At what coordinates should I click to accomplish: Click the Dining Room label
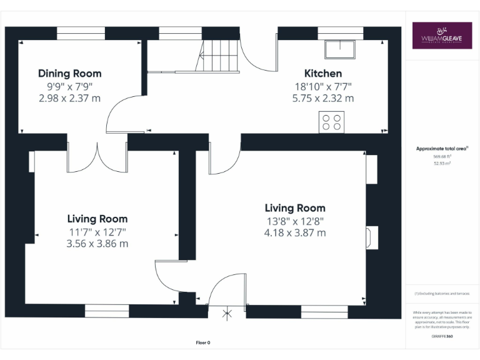(69, 74)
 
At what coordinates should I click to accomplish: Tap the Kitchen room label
(322, 74)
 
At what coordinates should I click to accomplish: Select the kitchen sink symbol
(339, 49)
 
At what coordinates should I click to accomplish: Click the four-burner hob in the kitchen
(331, 121)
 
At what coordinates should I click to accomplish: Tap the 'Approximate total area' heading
(442, 149)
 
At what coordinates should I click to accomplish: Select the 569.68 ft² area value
(442, 156)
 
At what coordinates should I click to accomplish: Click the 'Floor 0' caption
(203, 342)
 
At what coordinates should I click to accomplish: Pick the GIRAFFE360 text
(442, 337)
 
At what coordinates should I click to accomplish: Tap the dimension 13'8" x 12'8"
(294, 221)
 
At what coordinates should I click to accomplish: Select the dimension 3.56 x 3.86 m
(97, 243)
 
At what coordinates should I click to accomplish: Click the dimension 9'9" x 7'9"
(69, 86)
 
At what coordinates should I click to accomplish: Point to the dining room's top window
(81, 33)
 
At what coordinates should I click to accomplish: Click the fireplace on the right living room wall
(371, 237)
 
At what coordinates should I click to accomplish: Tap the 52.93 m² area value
(442, 162)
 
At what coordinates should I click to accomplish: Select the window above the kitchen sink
(340, 33)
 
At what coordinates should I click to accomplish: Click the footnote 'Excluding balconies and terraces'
(442, 293)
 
